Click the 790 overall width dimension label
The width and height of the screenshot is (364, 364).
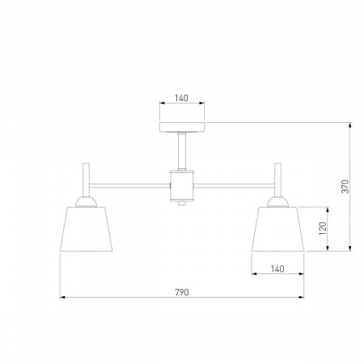[x=182, y=292]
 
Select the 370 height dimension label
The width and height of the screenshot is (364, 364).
[x=345, y=187]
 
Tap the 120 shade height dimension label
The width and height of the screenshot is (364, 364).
[x=323, y=228]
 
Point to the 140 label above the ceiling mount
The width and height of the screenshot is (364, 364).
[x=181, y=98]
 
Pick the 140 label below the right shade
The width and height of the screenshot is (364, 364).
[x=277, y=269]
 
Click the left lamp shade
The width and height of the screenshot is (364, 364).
[x=86, y=229]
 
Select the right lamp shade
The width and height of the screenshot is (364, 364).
[x=277, y=229]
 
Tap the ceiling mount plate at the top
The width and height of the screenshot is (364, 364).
[x=182, y=127]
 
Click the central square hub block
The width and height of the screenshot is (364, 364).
[x=182, y=186]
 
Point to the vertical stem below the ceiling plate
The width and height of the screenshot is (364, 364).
[x=182, y=151]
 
